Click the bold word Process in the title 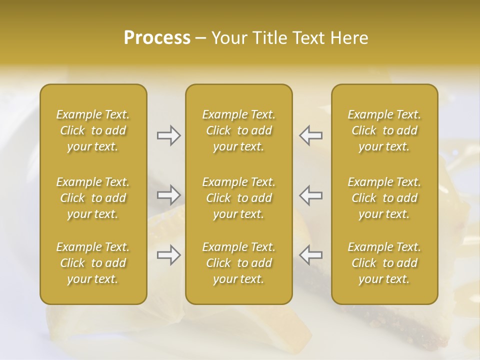coord(157,38)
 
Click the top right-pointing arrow coord(168,135)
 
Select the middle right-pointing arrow coord(168,194)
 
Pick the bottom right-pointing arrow coord(168,255)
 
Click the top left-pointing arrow coord(311,135)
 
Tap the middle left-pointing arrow coord(311,194)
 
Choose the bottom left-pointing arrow coord(311,255)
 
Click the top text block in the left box coord(93,130)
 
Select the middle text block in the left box coord(93,198)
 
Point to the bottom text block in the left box coord(93,263)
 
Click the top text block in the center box coord(238,130)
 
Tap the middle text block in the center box coord(238,198)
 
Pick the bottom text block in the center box coord(238,263)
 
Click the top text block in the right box coord(384,130)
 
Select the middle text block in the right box coord(384,198)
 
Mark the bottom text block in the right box coord(384,263)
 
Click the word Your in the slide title coord(228,38)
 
